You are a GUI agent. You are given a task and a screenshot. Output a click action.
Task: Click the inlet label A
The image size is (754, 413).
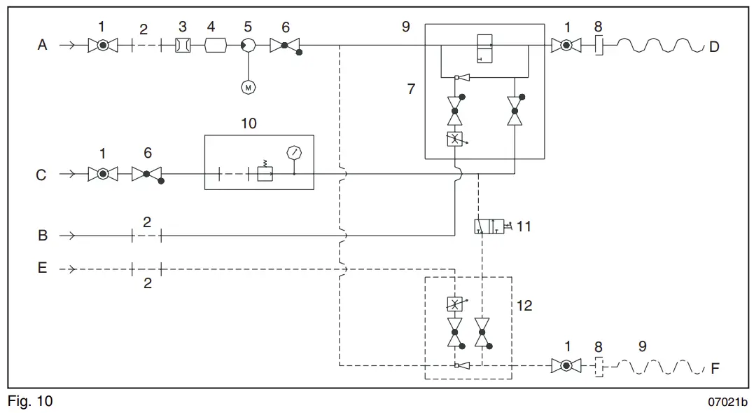click(42, 46)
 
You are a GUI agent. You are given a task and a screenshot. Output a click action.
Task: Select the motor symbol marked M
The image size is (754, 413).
click(248, 87)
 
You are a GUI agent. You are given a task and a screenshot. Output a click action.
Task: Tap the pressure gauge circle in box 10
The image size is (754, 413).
click(294, 152)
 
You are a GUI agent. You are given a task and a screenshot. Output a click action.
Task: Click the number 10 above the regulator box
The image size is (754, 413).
click(249, 123)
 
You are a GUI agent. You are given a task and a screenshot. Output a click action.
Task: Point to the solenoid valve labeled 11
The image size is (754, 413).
click(489, 226)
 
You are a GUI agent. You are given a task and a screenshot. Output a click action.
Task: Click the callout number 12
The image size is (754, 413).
click(524, 305)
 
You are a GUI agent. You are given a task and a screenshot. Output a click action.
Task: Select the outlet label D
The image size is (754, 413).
click(714, 47)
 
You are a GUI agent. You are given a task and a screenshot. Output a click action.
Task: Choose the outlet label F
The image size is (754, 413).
click(715, 368)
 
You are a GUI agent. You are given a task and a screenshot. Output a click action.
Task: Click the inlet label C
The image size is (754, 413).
click(41, 175)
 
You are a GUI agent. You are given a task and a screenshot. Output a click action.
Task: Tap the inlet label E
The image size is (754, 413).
click(42, 268)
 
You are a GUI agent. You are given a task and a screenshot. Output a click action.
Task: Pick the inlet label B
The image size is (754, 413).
click(42, 236)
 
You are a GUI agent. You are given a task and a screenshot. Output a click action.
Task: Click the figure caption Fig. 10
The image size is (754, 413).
click(30, 402)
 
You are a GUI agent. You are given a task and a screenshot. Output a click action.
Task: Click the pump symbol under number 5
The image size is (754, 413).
click(248, 46)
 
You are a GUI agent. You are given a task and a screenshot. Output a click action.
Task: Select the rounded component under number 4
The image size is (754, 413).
click(215, 46)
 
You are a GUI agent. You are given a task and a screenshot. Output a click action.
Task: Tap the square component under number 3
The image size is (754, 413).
click(182, 46)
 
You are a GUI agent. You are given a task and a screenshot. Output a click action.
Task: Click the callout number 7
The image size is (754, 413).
click(411, 89)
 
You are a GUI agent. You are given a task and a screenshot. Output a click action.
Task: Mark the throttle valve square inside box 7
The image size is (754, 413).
click(455, 140)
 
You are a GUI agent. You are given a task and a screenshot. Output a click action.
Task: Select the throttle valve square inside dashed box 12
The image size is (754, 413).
click(455, 304)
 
